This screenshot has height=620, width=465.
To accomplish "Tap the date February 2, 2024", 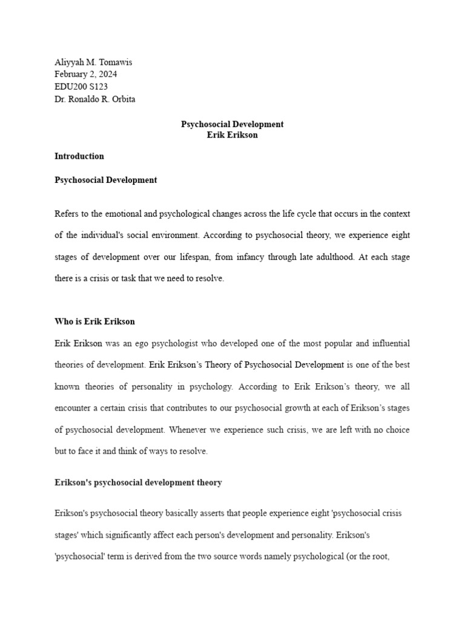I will coord(86,74).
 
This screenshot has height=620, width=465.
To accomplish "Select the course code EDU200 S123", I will coord(81,87).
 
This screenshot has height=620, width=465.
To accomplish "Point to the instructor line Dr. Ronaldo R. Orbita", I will coord(95,99).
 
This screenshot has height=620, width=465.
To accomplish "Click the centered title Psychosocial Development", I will coord(232,124).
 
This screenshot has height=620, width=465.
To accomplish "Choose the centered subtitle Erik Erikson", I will coord(232,135).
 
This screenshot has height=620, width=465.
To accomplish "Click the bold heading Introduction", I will coord(79,156).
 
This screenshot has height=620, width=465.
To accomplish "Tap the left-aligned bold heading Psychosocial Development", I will coord(106,180).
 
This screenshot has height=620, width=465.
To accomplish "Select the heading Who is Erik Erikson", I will coord(95,321).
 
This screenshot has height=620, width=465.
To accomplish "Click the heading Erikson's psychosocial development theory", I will coord(138,483).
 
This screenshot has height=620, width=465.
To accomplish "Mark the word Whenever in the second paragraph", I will coord(188,430).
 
